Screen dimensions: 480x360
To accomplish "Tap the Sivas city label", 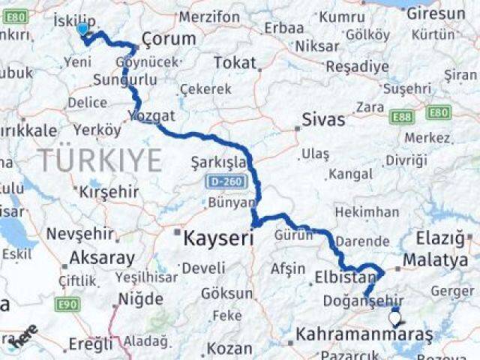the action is [323, 119].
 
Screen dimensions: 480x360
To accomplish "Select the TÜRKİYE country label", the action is [100, 160].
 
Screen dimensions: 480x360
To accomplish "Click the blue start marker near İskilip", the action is [82, 29].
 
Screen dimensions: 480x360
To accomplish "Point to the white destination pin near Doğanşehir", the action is [395, 319].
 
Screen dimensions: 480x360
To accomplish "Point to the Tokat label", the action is [235, 63].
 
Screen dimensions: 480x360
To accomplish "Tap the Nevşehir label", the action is [79, 234].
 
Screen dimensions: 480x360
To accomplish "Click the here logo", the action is [25, 337].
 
